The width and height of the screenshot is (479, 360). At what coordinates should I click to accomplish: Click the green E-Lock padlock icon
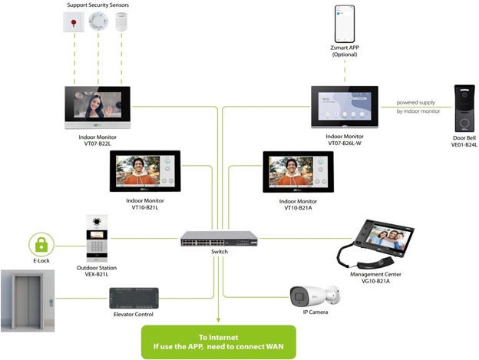(x=41, y=246)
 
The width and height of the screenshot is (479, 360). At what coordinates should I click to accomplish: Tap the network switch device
(x=219, y=239)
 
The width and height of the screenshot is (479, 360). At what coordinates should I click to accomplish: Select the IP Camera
(x=315, y=296)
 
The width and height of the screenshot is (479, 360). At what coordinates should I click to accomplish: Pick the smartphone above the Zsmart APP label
(x=345, y=25)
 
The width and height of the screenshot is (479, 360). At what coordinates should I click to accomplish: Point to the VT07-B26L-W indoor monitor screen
(x=345, y=106)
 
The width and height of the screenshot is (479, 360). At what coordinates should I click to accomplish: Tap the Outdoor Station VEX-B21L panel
(x=96, y=238)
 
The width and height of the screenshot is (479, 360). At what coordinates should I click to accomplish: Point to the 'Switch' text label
(x=219, y=251)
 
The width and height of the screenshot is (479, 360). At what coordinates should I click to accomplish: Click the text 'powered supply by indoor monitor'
(x=418, y=107)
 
